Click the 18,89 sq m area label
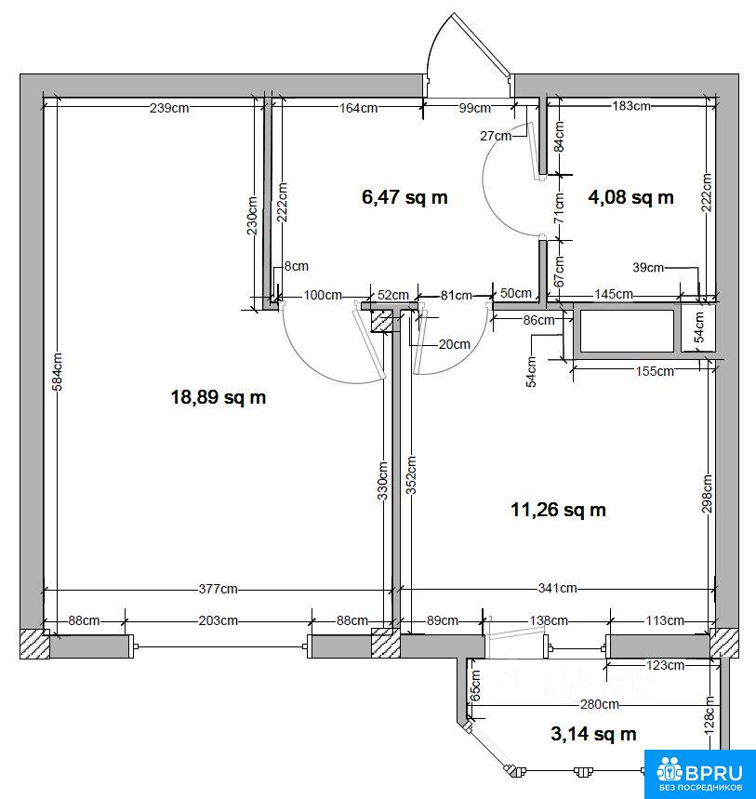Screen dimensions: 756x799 pyautogui.click(x=218, y=397)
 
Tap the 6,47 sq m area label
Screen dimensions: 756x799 pyautogui.click(x=405, y=196)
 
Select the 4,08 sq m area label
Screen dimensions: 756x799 pyautogui.click(x=630, y=196)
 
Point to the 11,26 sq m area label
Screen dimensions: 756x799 pyautogui.click(x=558, y=510)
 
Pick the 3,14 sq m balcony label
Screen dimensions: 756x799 pyautogui.click(x=593, y=734)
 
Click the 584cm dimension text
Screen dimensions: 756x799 pyautogui.click(x=58, y=372)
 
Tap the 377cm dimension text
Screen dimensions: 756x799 pyautogui.click(x=218, y=589)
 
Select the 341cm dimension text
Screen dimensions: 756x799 pyautogui.click(x=557, y=588)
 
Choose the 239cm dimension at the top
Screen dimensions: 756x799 pyautogui.click(x=169, y=108)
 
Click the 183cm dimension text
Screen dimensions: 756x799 pyautogui.click(x=631, y=106)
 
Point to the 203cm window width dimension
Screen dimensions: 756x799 pyautogui.click(x=218, y=620)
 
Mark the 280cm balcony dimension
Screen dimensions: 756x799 pyautogui.click(x=600, y=704)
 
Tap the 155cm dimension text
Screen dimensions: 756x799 pyautogui.click(x=655, y=371)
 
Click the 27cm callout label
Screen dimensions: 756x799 pyautogui.click(x=496, y=136)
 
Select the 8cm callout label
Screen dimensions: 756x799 pyautogui.click(x=296, y=266)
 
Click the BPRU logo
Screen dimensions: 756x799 pyautogui.click(x=700, y=774)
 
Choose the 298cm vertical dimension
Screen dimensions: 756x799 pyautogui.click(x=707, y=493)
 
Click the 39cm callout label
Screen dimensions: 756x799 pyautogui.click(x=648, y=267)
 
